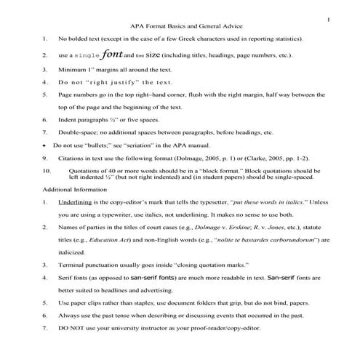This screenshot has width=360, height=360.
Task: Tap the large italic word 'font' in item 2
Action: [x=113, y=53]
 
